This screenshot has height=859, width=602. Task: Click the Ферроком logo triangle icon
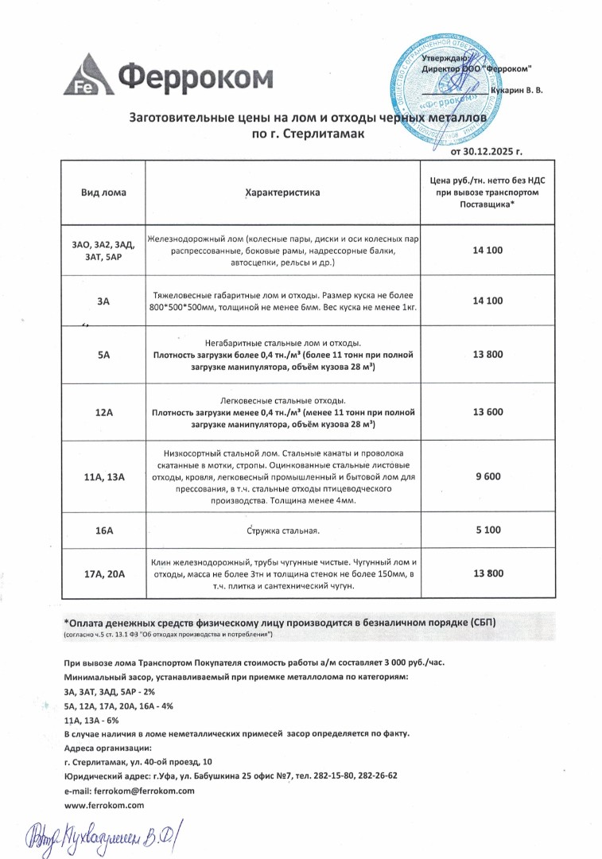click(87, 74)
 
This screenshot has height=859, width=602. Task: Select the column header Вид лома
click(103, 192)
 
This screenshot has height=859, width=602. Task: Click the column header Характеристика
click(282, 192)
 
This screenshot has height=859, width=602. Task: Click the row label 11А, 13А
click(103, 477)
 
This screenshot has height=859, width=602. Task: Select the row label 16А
click(103, 529)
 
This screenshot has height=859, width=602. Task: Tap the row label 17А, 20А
click(103, 573)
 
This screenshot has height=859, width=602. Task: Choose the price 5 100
click(487, 529)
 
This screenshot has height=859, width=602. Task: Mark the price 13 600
click(487, 412)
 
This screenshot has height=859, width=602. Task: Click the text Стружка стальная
click(282, 530)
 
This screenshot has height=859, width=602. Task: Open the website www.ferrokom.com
click(103, 806)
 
